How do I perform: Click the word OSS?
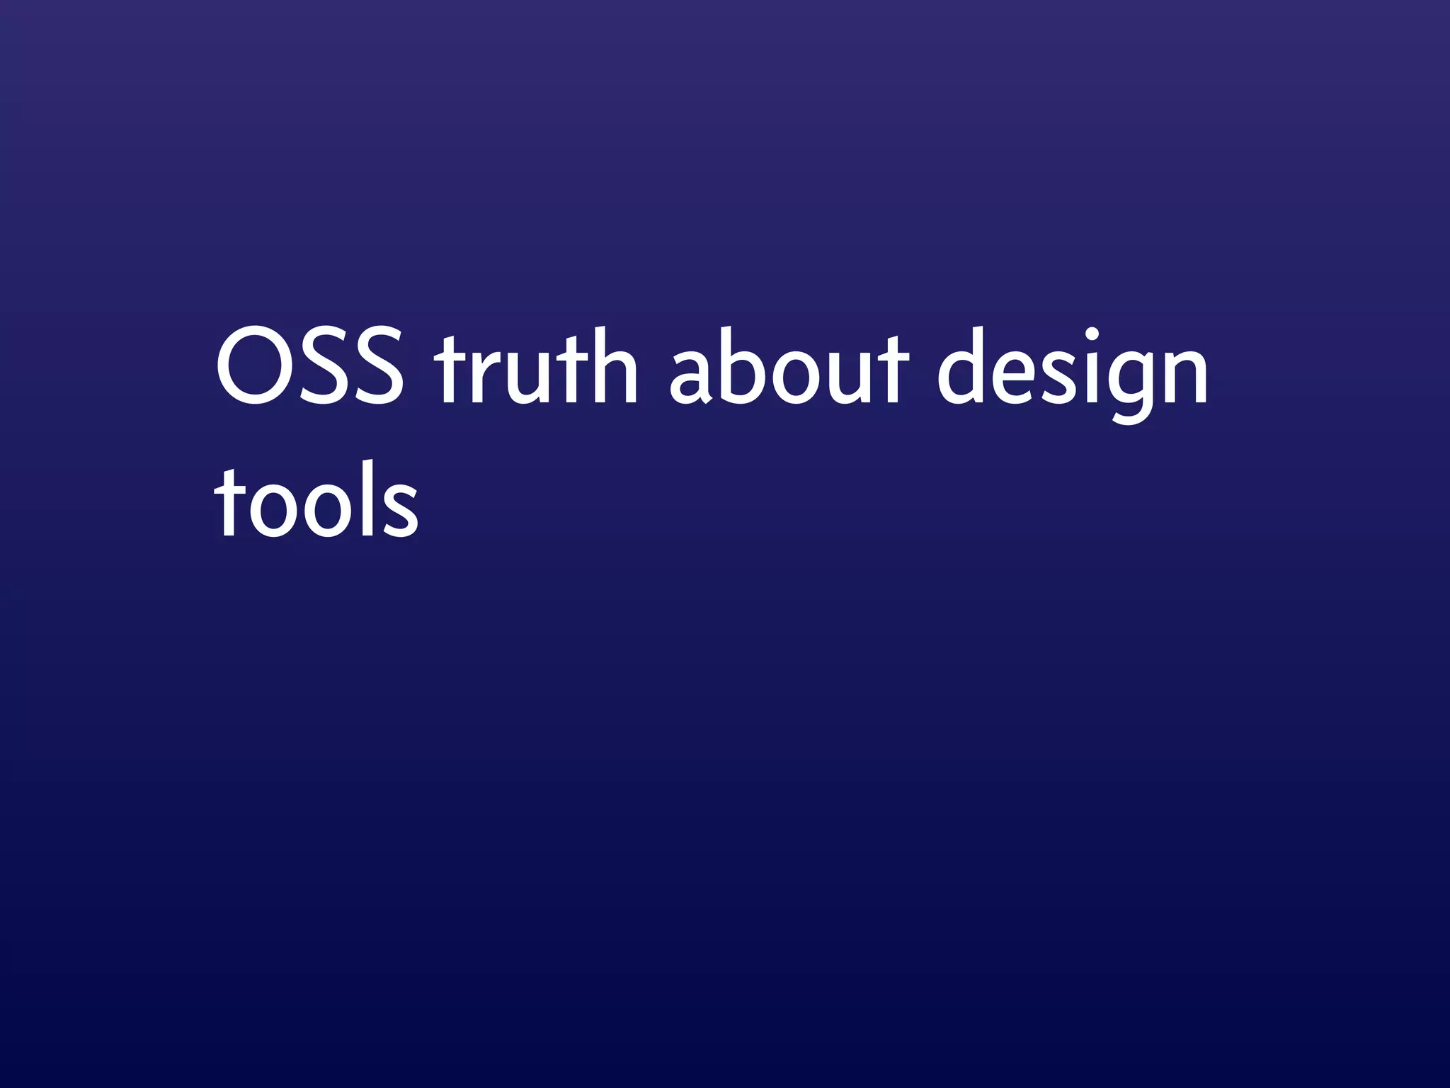coord(309,368)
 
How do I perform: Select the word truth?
coord(536,368)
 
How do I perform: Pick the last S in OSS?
coord(380,368)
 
